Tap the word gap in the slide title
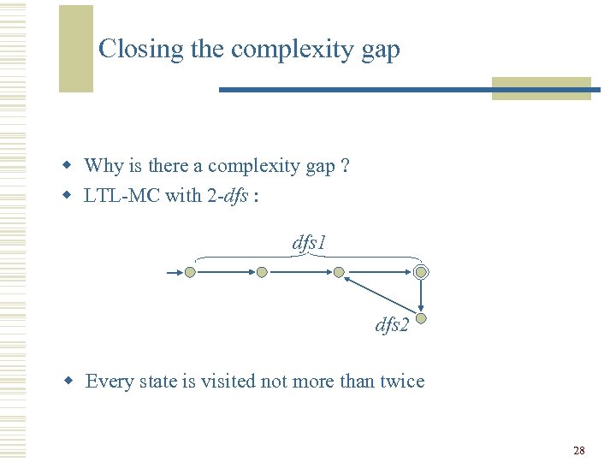(380, 50)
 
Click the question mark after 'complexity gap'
(344, 166)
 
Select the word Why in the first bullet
(104, 166)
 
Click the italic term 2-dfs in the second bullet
(227, 196)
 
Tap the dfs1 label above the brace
(309, 243)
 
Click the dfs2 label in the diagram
(392, 325)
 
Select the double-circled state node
(421, 272)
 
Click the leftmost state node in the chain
(190, 272)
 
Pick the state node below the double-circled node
(421, 319)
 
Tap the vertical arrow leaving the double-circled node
(421, 295)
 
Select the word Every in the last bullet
(107, 382)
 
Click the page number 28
(579, 450)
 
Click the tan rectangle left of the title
(75, 49)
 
